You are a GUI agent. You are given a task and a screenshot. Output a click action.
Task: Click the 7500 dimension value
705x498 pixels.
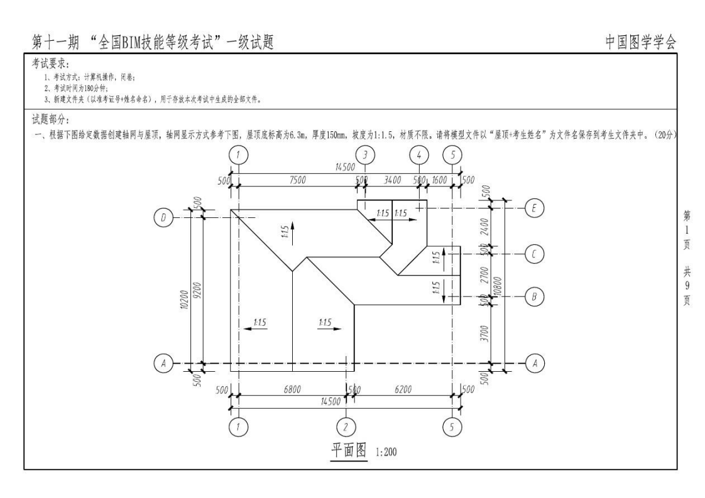pos(297,180)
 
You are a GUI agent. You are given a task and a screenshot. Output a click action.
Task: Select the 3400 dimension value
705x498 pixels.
pos(392,180)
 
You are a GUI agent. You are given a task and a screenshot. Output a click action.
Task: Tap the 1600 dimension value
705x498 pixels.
pos(439,180)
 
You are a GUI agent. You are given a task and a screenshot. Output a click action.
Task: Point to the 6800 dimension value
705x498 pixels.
pos(292,389)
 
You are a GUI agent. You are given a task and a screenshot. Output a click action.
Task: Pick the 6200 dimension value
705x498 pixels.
pos(403,389)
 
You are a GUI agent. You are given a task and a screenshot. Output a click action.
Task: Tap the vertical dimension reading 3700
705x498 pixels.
pos(484,333)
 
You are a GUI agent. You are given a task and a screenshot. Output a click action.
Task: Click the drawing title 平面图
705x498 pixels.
pos(349,450)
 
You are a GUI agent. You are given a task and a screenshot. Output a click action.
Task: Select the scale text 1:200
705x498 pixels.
pos(386,452)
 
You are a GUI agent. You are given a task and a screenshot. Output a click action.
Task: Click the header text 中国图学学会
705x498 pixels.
pos(640,42)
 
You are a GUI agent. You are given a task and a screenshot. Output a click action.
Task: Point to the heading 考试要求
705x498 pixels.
pos(50,64)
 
